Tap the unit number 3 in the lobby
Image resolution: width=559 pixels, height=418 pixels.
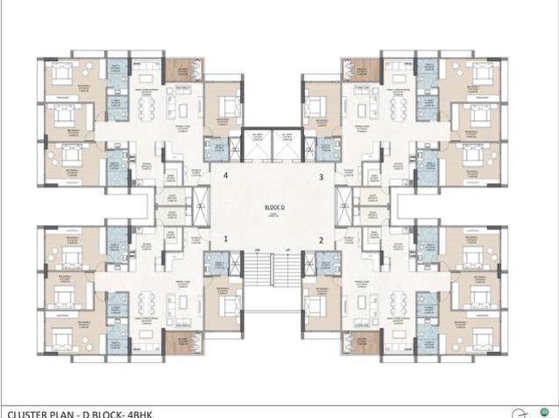point(321,176)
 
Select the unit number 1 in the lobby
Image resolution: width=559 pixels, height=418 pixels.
point(225,238)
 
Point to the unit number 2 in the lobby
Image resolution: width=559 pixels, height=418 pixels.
point(321,238)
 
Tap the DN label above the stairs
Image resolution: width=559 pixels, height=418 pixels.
point(259,251)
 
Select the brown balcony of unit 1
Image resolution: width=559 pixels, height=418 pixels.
point(183,342)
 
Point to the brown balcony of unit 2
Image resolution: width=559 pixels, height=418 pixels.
point(362,342)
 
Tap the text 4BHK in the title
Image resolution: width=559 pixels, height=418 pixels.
point(126,412)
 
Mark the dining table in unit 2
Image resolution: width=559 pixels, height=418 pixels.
point(402,305)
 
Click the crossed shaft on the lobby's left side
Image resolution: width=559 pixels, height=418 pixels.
point(201,207)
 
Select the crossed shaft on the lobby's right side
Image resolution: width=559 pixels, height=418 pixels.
point(347,207)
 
